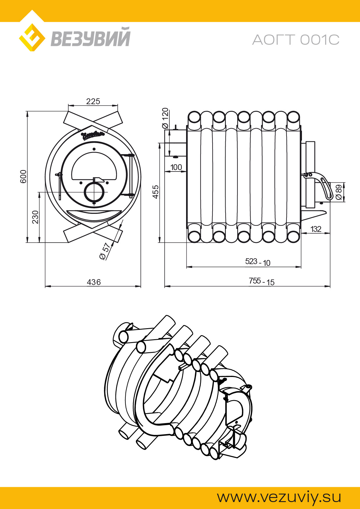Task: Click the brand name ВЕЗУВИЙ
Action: pos(91,37)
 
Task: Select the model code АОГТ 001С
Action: pos(296,40)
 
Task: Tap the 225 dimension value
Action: pos(93,102)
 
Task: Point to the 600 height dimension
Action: pos(23,176)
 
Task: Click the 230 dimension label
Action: pos(35,217)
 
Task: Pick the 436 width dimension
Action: pos(94,282)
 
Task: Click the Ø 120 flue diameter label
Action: pos(165,118)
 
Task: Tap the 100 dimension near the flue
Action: pos(176,167)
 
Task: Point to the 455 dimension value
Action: pos(156,192)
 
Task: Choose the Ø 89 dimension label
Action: pos(339,192)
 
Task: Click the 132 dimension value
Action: pos(316,229)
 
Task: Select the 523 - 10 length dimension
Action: pos(258,262)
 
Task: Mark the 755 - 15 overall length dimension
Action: pos(261,281)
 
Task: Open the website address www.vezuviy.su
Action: pos(279,497)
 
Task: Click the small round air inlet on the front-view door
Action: pos(94,192)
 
